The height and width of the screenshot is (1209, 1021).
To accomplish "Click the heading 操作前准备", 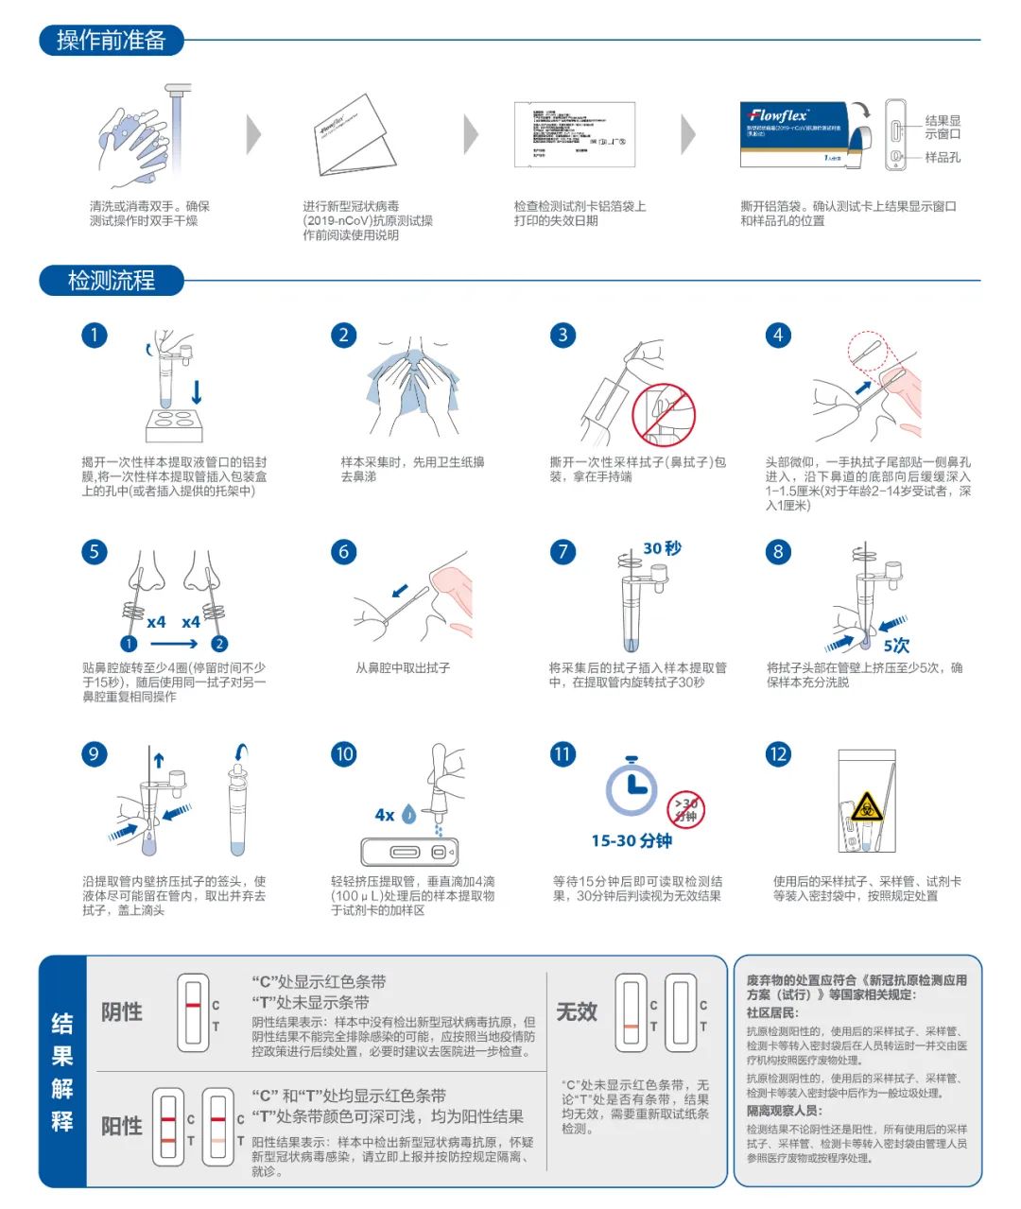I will [111, 41].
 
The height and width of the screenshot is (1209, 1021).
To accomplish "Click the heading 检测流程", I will [111, 281].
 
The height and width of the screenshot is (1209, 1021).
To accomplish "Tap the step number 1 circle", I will [95, 336].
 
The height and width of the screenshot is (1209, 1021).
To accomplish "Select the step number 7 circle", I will [563, 552].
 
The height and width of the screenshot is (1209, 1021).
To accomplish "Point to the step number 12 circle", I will [778, 754].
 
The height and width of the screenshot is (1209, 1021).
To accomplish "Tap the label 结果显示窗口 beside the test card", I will [943, 127].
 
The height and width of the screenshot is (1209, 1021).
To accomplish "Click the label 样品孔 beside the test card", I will [943, 157].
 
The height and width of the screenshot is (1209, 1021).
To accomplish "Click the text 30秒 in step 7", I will [662, 548].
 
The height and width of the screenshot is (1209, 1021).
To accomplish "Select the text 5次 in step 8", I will [896, 646].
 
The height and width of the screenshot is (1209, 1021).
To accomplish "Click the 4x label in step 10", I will [385, 815].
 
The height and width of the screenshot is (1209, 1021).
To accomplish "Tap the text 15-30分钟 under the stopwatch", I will [632, 840].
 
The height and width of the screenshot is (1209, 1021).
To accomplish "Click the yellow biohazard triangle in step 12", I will [866, 806].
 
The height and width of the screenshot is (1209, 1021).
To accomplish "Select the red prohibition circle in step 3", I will [664, 414].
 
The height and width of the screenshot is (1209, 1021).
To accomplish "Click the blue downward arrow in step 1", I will [197, 391].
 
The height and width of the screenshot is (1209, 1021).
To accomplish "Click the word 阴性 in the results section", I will [122, 1011].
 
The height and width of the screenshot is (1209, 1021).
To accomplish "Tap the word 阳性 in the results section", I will [122, 1126].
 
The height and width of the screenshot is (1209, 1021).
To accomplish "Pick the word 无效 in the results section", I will [577, 1011].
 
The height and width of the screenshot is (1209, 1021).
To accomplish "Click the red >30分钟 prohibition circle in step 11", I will [686, 809].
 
